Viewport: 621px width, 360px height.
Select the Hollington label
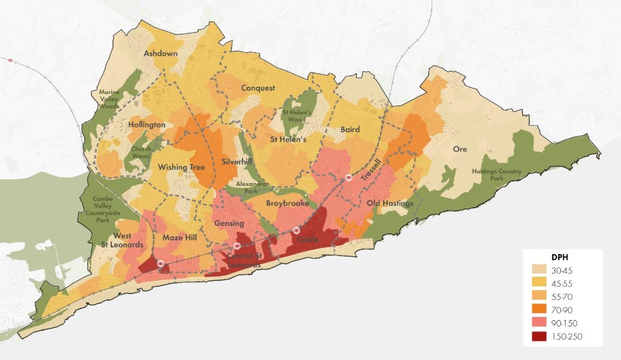(147, 125)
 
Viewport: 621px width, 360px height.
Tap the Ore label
(460, 149)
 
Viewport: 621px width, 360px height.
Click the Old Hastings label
(390, 203)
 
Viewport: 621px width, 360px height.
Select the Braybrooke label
(287, 203)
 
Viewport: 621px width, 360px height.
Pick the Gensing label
(229, 223)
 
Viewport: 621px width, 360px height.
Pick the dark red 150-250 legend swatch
(540, 337)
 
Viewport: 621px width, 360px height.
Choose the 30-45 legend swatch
(540, 271)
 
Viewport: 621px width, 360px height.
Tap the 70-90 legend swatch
(540, 310)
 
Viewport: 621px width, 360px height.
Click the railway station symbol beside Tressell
(348, 178)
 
